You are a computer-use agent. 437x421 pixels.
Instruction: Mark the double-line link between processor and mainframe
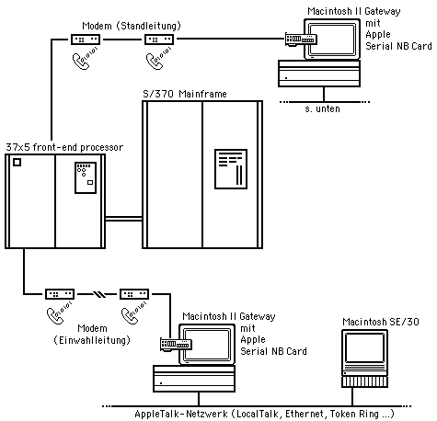[123, 219]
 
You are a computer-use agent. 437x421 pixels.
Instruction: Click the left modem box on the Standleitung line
[85, 40]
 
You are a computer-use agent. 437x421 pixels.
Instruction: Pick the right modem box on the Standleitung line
[158, 40]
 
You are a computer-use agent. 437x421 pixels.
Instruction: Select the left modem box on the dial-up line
[59, 294]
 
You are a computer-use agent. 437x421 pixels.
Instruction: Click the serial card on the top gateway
[300, 40]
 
